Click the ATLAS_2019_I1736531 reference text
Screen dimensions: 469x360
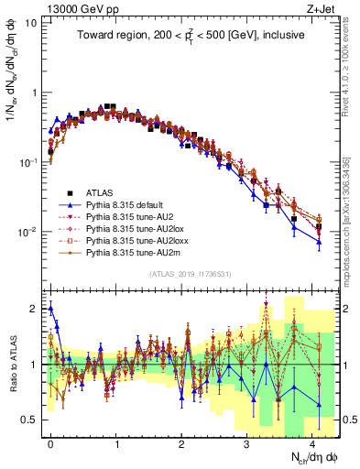click(190, 274)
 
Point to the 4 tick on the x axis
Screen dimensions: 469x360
click(312, 442)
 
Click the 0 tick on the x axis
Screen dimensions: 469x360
click(50, 442)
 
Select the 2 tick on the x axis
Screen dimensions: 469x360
click(181, 442)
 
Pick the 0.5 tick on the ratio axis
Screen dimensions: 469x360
click(32, 420)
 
